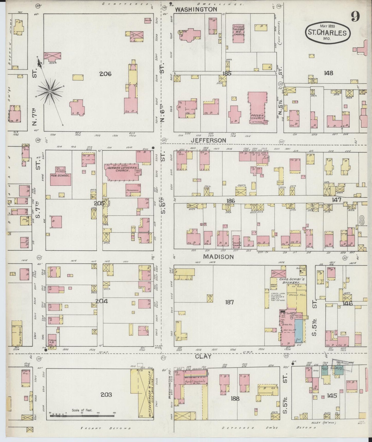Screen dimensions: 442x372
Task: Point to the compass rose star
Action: pyautogui.click(x=50, y=91)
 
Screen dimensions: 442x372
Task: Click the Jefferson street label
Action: pyautogui.click(x=209, y=140)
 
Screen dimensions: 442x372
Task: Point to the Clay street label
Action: pyautogui.click(x=203, y=356)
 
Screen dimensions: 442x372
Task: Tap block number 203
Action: pyautogui.click(x=106, y=395)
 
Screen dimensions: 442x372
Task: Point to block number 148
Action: pyautogui.click(x=329, y=73)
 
